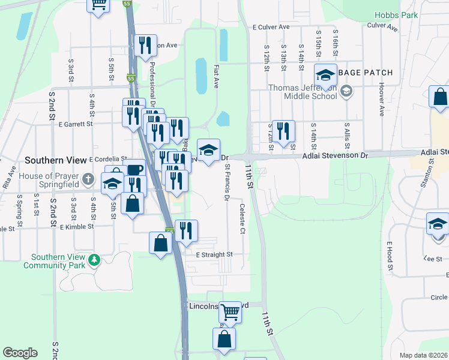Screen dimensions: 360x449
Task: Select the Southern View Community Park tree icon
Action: [94, 260]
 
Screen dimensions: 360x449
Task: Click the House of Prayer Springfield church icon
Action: [88, 179]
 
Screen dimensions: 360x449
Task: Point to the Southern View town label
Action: [56, 161]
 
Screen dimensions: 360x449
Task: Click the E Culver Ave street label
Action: [271, 27]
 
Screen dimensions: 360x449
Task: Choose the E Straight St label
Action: [215, 254]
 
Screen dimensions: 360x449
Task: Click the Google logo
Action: [20, 353]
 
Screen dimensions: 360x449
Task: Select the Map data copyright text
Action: [423, 355]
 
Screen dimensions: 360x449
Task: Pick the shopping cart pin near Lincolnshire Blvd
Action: [230, 312]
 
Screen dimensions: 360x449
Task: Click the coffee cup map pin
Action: [134, 169]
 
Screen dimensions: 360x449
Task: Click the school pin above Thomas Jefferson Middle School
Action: [325, 75]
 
